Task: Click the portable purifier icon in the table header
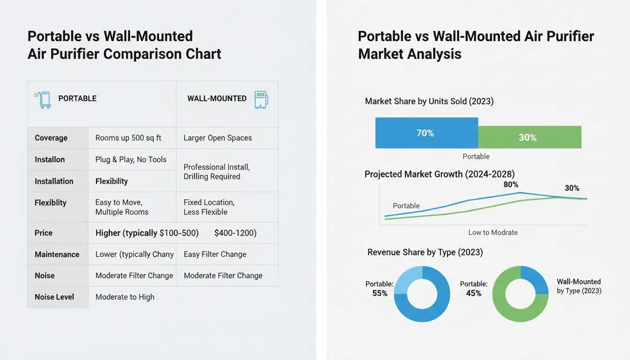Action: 44,100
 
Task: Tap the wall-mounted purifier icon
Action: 261,100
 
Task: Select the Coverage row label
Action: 51,138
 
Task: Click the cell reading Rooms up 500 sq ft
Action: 128,138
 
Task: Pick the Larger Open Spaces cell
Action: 217,138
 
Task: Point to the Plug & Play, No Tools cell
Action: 131,159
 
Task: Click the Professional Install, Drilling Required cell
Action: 216,172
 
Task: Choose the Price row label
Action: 44,233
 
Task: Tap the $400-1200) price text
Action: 235,233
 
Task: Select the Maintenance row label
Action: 57,255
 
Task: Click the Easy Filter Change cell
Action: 215,255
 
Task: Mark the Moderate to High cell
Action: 125,297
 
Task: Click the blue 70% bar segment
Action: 426,133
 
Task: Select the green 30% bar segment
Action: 529,137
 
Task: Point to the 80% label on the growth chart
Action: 510,185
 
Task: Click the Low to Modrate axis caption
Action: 493,232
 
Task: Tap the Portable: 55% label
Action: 379,289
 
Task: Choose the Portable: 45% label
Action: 473,289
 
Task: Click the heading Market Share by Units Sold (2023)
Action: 429,101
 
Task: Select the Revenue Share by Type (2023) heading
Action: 425,252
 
